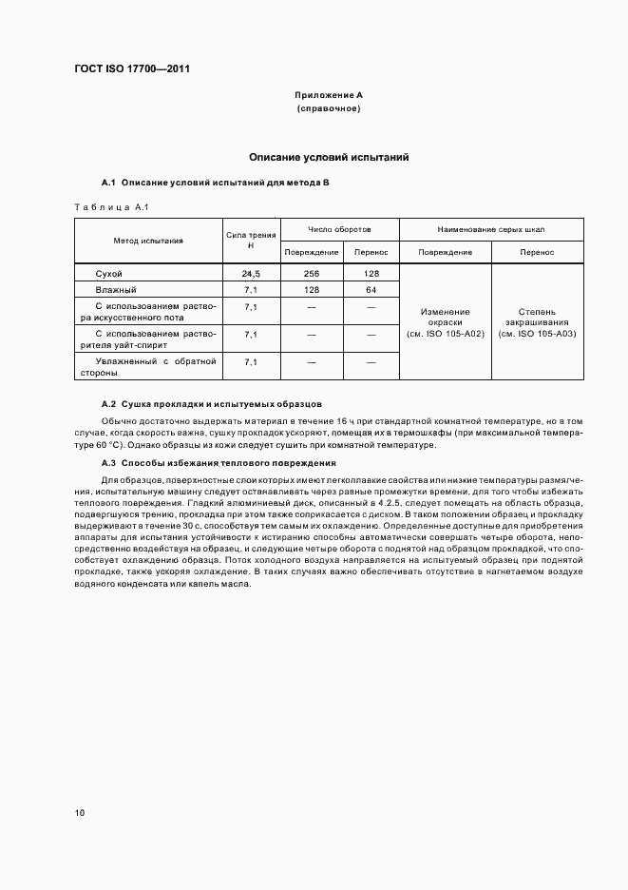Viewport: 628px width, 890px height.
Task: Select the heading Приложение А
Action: pyautogui.click(x=328, y=95)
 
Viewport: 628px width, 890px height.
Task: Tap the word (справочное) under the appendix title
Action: pyautogui.click(x=328, y=108)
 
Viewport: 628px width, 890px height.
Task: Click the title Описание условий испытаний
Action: pyautogui.click(x=328, y=157)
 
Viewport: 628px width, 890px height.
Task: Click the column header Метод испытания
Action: pyautogui.click(x=148, y=242)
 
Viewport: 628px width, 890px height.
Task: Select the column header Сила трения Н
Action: pyautogui.click(x=251, y=241)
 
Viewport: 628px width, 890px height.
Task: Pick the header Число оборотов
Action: pyautogui.click(x=339, y=230)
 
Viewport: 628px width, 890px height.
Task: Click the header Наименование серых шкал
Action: pyautogui.click(x=491, y=230)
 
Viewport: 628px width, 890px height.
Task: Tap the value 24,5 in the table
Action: pyautogui.click(x=251, y=274)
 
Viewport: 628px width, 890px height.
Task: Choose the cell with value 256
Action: pyautogui.click(x=310, y=274)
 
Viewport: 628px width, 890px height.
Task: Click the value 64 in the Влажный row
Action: pyautogui.click(x=371, y=289)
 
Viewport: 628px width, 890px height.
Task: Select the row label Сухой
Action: pyautogui.click(x=109, y=274)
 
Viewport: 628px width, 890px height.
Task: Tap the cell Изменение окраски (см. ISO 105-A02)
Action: pyautogui.click(x=445, y=323)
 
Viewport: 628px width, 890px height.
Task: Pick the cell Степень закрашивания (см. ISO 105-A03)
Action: pyautogui.click(x=537, y=323)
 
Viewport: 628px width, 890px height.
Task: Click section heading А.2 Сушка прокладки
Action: pyautogui.click(x=211, y=403)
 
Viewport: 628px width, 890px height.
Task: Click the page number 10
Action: pyautogui.click(x=80, y=813)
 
